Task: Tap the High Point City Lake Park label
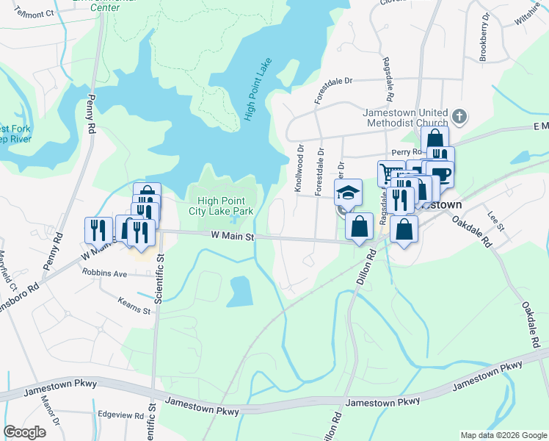pos(225,206)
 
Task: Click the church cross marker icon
pos(459,116)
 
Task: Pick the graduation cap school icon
pos(348,193)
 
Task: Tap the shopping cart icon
pos(389,173)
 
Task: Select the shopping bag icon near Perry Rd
pos(435,139)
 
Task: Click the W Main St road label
pos(232,237)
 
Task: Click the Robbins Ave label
pos(104,273)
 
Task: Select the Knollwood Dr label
pos(299,168)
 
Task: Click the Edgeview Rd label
pos(120,415)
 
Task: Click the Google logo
pos(25,431)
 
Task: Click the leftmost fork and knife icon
pos(97,230)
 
